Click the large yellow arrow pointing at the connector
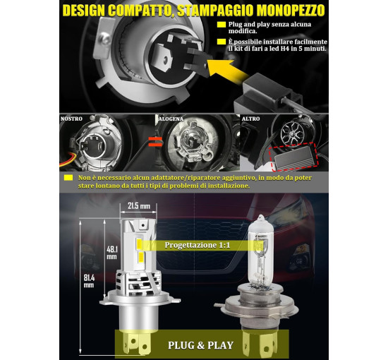(x=228, y=71)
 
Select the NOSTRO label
(x=71, y=119)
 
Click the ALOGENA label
(x=171, y=119)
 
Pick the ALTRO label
(x=250, y=119)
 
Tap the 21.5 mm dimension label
(x=139, y=205)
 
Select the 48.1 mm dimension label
(x=112, y=253)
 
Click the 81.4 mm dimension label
(x=89, y=281)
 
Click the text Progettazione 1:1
(x=198, y=245)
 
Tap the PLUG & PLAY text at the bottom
(x=200, y=345)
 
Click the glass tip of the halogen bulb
(x=260, y=219)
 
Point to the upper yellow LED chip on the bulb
(x=139, y=244)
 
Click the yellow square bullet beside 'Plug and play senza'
(x=222, y=25)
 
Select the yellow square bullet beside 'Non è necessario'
(x=68, y=177)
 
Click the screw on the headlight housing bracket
(x=106, y=40)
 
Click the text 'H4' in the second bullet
(x=284, y=49)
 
